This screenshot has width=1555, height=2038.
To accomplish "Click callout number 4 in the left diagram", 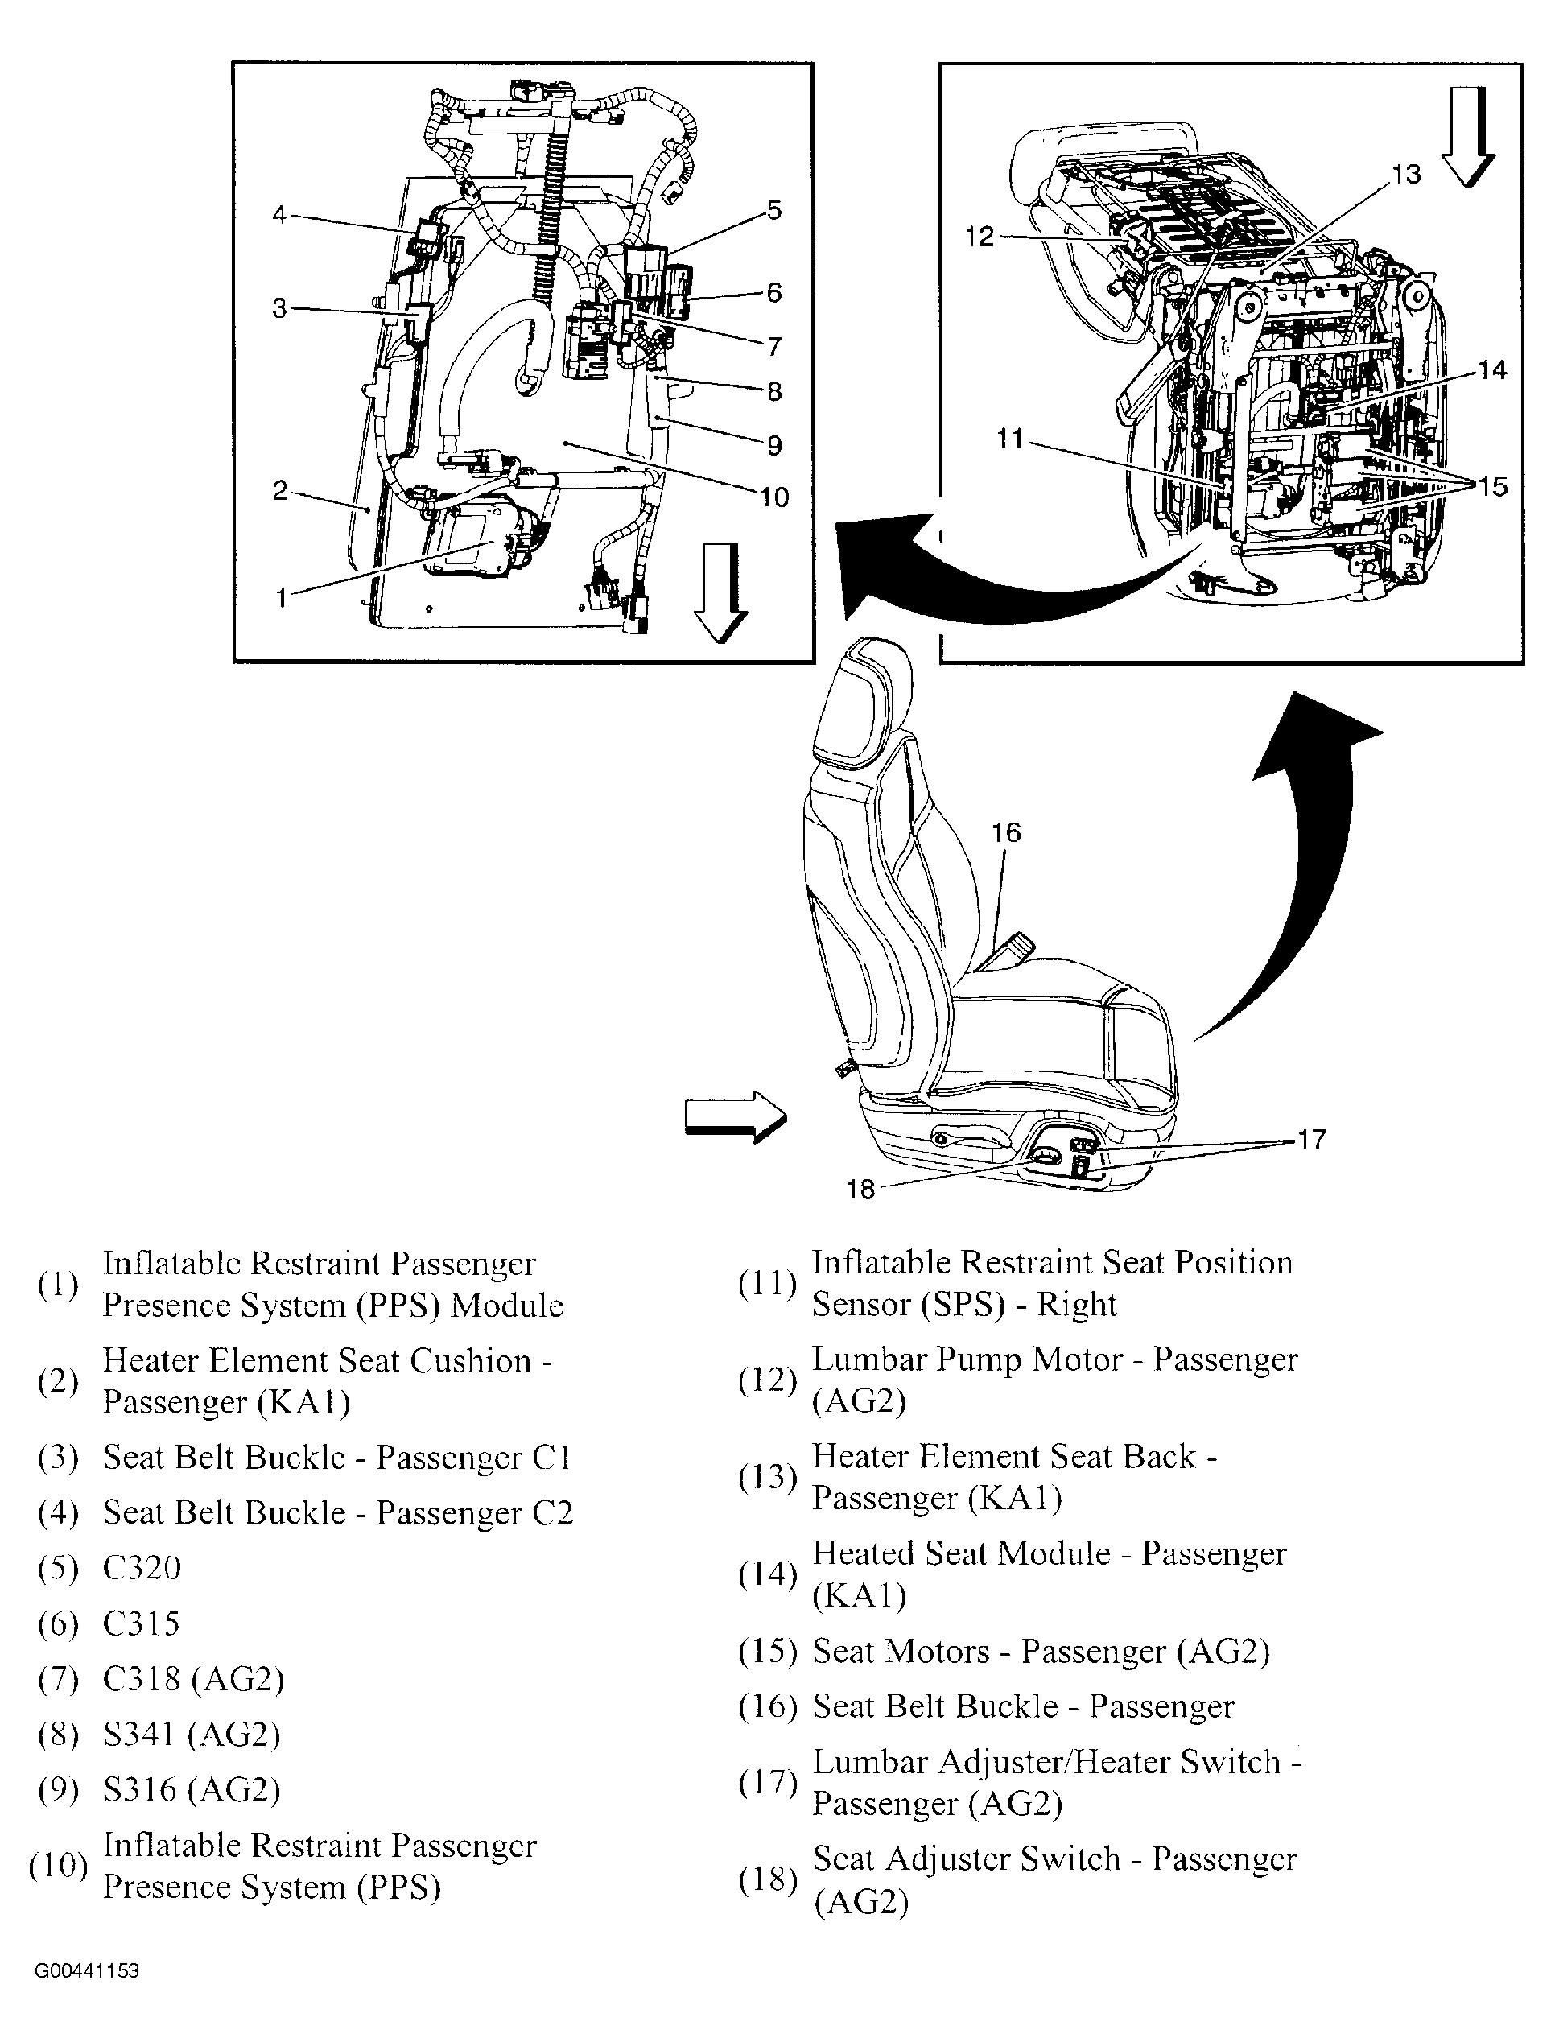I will (278, 216).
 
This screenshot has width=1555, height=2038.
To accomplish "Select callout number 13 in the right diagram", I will (1405, 174).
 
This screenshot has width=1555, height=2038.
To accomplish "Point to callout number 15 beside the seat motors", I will (1492, 486).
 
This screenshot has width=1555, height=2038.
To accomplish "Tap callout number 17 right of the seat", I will (1312, 1139).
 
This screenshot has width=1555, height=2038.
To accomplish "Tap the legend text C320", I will (142, 1568).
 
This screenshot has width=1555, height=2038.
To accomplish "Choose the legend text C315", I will (141, 1623).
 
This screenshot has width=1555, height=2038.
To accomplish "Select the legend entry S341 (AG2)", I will (192, 1735).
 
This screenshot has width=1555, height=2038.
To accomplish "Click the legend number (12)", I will (767, 1380).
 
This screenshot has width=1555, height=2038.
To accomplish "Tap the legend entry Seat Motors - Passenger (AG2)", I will (1041, 1652).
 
